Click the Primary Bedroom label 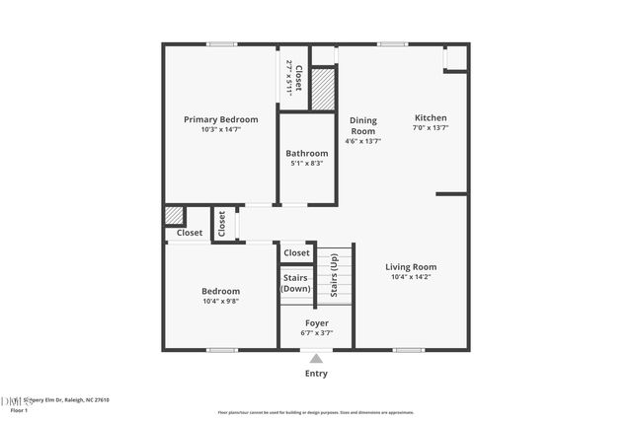coord(221,119)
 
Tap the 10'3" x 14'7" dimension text coord(221,129)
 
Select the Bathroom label coord(307,153)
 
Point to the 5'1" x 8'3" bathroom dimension coord(307,163)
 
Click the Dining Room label coord(363,125)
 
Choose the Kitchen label coord(431,117)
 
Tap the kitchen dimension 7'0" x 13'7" coord(431,127)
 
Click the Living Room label coord(411,266)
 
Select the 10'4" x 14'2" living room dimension coord(411,277)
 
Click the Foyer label coord(316,322)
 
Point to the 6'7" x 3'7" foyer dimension coord(316,333)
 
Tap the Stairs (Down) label coord(296,283)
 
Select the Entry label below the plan coord(316,374)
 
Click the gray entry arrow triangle coord(316,359)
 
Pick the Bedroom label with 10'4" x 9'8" coord(221,291)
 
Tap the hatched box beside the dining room coord(324,89)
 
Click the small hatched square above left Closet coord(174,215)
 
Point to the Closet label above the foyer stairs coord(296,253)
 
